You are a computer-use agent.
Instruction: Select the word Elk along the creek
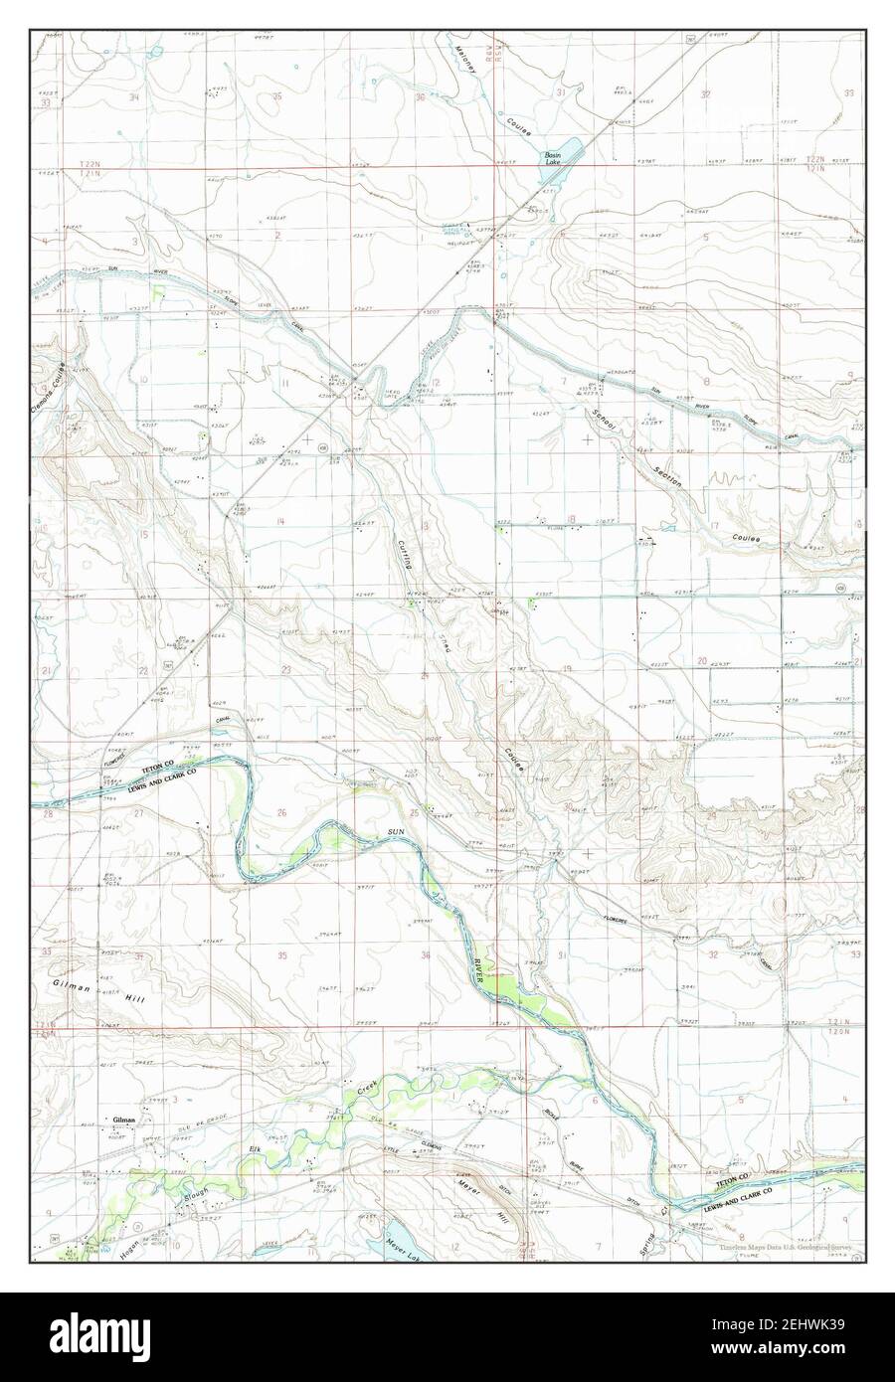click(x=258, y=1151)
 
